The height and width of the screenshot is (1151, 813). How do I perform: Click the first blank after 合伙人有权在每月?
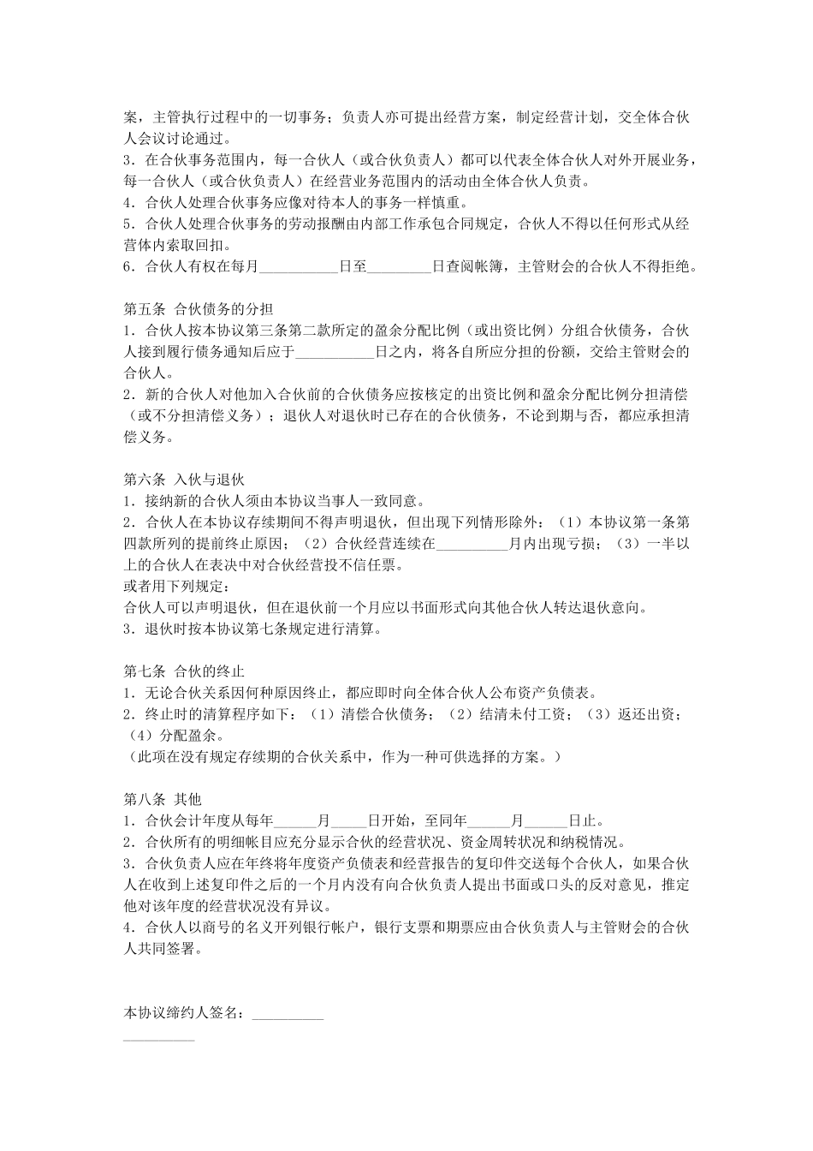pos(299,267)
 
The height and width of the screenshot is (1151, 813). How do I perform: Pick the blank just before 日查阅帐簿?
pos(399,267)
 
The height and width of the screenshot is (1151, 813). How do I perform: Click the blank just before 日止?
pos(548,820)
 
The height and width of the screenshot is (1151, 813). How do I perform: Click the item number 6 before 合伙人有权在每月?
pos(128,267)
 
